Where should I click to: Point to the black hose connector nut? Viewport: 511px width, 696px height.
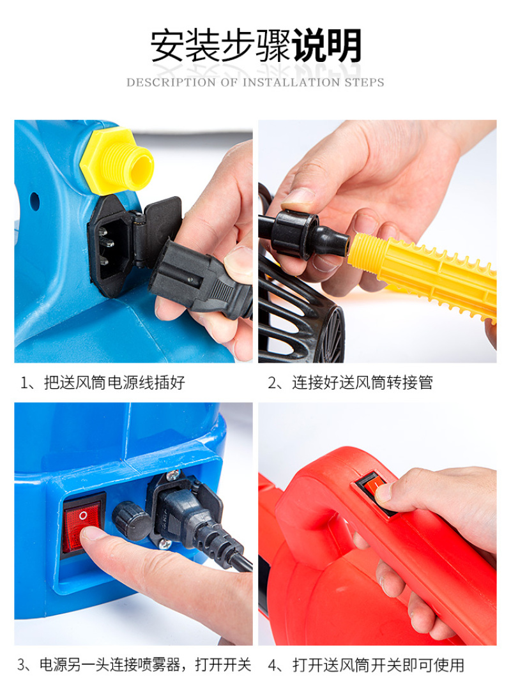point(295,234)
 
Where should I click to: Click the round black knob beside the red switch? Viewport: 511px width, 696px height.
point(130,520)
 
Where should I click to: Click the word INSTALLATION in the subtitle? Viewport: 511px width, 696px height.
point(291,82)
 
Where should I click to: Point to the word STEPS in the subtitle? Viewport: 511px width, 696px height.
point(364,82)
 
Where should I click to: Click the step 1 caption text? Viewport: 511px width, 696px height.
point(103,382)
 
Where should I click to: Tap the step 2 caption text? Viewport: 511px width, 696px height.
point(350,382)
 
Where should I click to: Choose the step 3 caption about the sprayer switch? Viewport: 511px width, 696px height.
point(135,665)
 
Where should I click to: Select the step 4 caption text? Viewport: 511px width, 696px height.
point(366,665)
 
